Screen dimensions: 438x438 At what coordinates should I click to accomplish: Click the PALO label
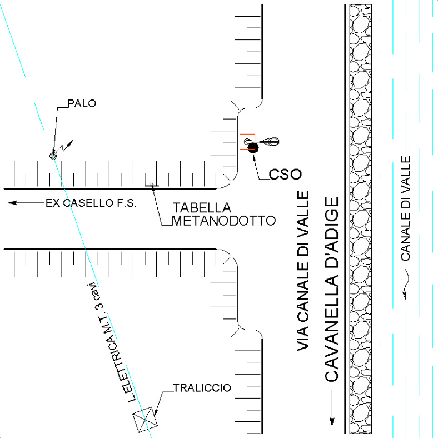pyautogui.click(x=81, y=103)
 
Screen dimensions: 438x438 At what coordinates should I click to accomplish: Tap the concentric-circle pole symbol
pyautogui.click(x=53, y=156)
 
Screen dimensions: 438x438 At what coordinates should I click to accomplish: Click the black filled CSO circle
pyautogui.click(x=252, y=147)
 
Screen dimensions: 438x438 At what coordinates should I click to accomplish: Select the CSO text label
pyautogui.click(x=285, y=174)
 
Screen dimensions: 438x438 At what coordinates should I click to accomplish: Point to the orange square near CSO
pyautogui.click(x=247, y=141)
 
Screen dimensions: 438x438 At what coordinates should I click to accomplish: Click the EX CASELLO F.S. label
pyautogui.click(x=91, y=203)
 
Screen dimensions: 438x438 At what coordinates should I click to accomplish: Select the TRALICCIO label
pyautogui.click(x=201, y=387)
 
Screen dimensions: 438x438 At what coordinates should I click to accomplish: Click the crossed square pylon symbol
pyautogui.click(x=145, y=419)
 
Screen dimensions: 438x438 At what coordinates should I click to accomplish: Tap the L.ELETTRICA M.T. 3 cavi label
pyautogui.click(x=115, y=345)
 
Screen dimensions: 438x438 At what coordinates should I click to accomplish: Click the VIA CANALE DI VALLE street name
pyautogui.click(x=303, y=271)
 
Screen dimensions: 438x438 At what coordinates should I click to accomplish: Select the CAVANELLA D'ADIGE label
pyautogui.click(x=331, y=289)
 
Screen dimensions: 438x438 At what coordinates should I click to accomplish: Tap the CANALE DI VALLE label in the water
pyautogui.click(x=406, y=208)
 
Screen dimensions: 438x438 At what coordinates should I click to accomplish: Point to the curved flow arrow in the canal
pyautogui.click(x=406, y=282)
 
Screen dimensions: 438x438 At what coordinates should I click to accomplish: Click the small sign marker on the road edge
pyautogui.click(x=152, y=185)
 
